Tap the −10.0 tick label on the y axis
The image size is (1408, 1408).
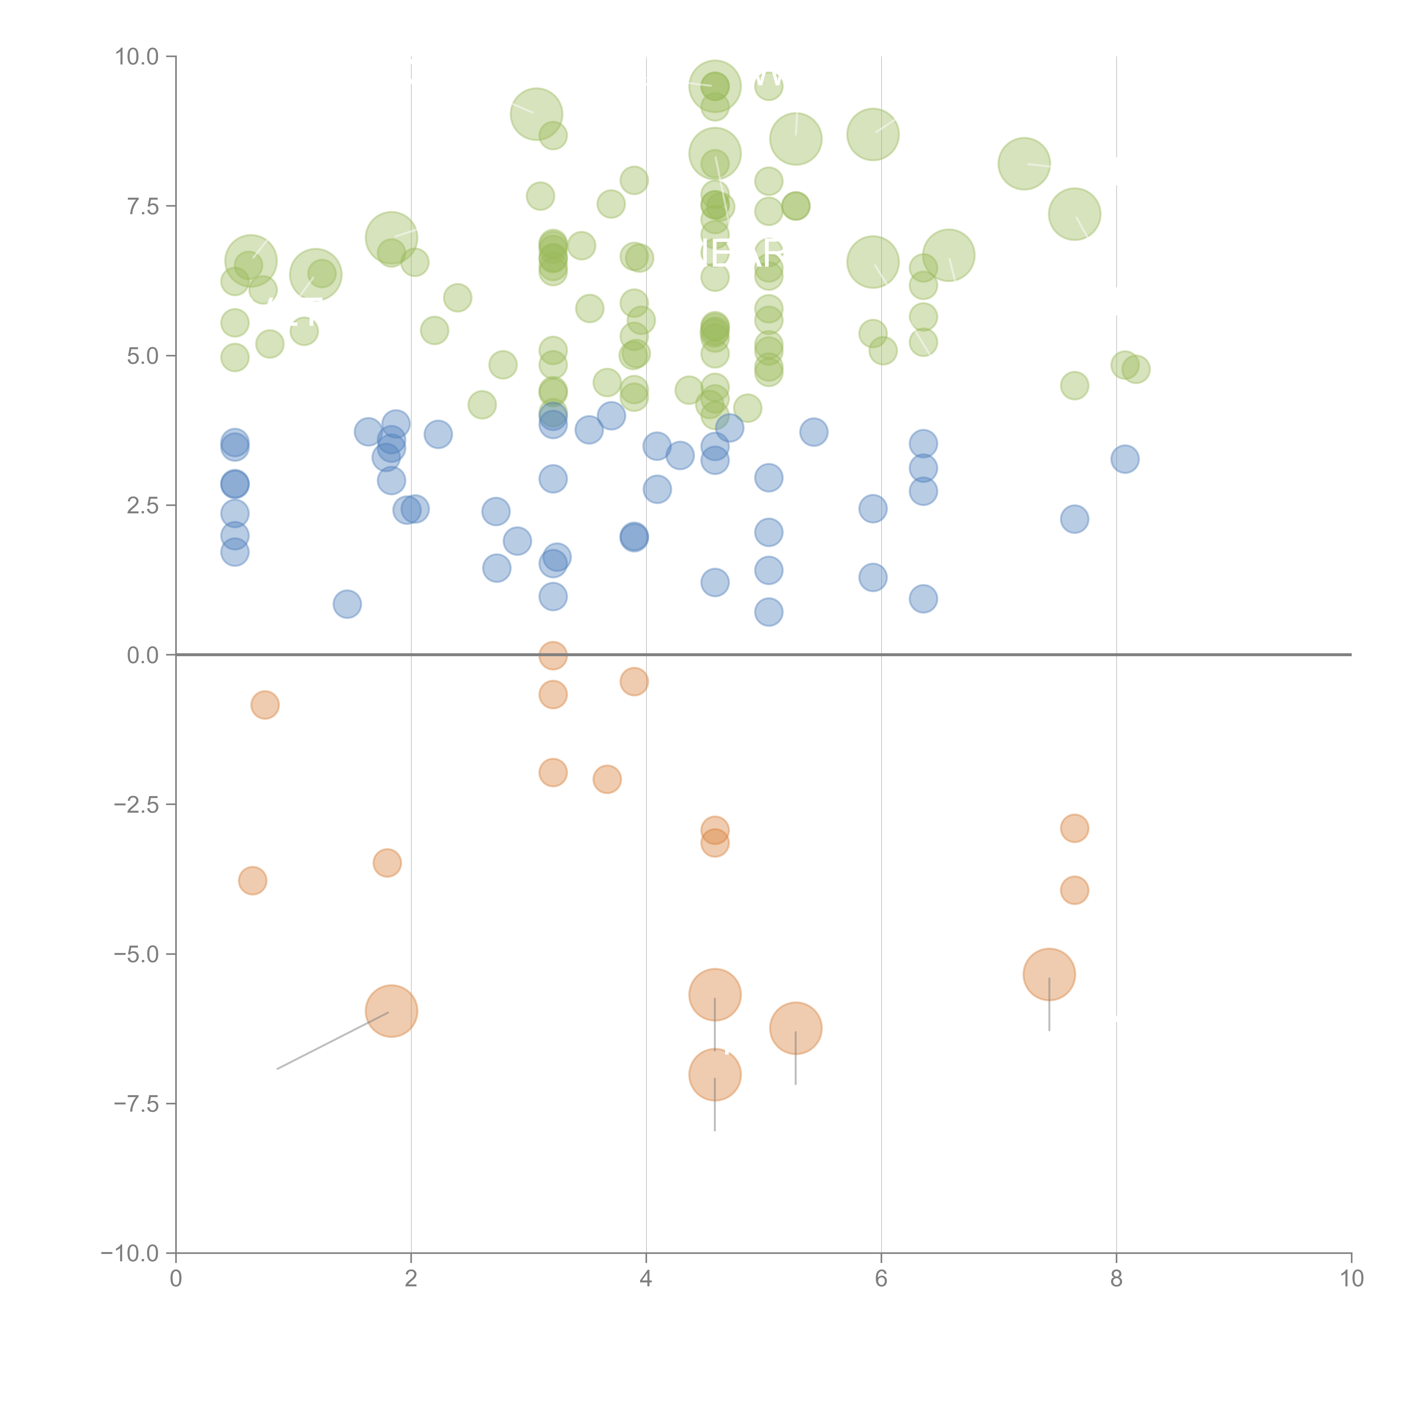(130, 1253)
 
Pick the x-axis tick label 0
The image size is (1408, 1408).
(176, 1279)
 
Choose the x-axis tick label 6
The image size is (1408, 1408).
(881, 1279)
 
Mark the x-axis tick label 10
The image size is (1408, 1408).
(1351, 1279)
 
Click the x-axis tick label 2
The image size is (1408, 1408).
(411, 1279)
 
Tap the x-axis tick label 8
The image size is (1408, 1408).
(1117, 1279)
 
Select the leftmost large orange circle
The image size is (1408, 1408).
(391, 1011)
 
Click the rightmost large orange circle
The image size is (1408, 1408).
(1049, 974)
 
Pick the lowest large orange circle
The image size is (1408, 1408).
(715, 1074)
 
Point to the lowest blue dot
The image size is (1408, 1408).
(768, 612)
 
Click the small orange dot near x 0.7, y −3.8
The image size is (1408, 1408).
(252, 880)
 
